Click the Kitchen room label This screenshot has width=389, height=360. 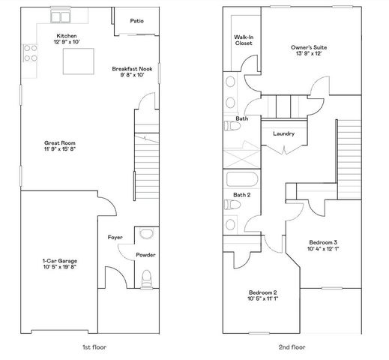[x=65, y=35]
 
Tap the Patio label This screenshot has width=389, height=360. [x=137, y=21]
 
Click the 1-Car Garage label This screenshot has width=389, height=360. [x=60, y=261]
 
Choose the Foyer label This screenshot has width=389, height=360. [x=115, y=237]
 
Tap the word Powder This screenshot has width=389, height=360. [x=145, y=255]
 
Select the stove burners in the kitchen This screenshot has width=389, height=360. [x=31, y=52]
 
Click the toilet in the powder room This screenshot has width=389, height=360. [x=146, y=281]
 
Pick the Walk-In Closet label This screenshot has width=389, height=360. [x=242, y=39]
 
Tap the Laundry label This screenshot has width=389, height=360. [x=284, y=133]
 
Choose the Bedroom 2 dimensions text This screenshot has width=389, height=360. [x=263, y=298]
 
